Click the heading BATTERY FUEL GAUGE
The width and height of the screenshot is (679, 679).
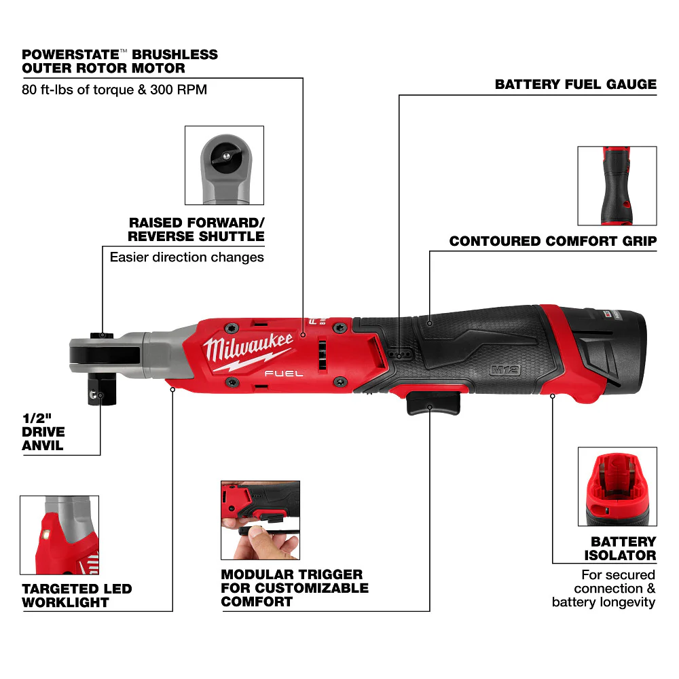point(575,85)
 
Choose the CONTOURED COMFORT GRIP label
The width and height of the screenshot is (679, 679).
point(553,241)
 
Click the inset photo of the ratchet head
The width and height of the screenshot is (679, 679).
point(224,165)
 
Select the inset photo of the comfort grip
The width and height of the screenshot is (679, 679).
point(617,185)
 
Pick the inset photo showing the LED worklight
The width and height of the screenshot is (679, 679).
point(59,535)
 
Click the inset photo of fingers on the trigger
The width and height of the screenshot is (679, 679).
point(260,520)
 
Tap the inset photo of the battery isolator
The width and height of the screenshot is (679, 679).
point(617,486)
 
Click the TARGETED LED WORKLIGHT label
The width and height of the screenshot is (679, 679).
point(77,595)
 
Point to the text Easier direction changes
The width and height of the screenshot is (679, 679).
point(187,257)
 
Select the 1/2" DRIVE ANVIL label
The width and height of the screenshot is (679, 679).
point(43,433)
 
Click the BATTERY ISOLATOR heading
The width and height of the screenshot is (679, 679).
point(623,548)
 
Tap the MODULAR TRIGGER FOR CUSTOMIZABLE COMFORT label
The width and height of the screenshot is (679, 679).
point(295,588)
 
